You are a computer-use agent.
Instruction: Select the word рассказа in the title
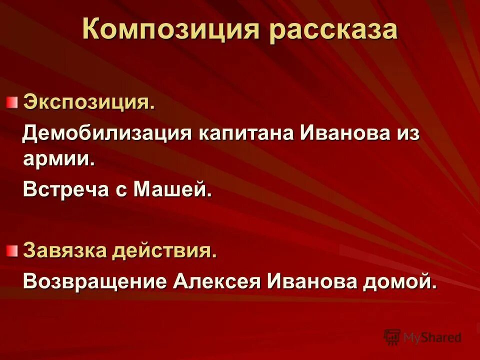(333, 30)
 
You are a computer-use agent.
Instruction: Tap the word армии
(58, 159)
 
